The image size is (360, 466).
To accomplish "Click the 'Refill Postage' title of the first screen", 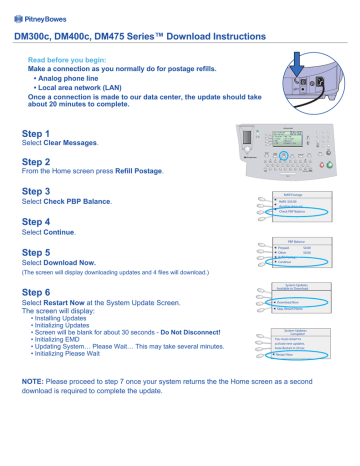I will click(300, 196).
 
